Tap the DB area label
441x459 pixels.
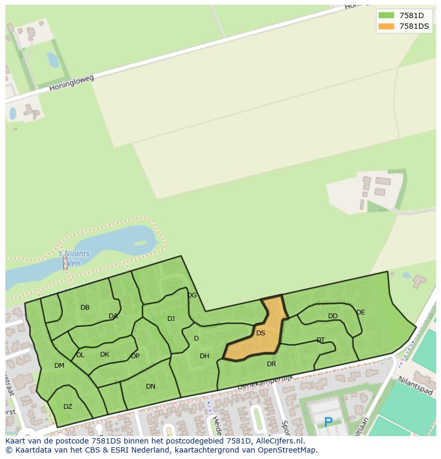tap(85, 308)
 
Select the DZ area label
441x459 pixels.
tap(68, 407)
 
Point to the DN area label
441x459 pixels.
tap(151, 386)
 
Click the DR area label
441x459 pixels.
tap(271, 364)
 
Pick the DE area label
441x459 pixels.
tap(361, 312)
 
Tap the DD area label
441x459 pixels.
tap(333, 316)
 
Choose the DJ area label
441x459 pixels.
tap(171, 319)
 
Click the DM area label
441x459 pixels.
tap(59, 366)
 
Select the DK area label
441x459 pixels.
tap(104, 355)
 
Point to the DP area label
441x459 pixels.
tap(135, 356)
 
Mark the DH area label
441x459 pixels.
tap(205, 356)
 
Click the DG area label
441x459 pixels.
tap(192, 295)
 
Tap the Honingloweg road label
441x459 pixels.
tap(71, 83)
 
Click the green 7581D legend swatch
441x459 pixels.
tap(386, 15)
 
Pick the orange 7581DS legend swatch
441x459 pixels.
tap(386, 26)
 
